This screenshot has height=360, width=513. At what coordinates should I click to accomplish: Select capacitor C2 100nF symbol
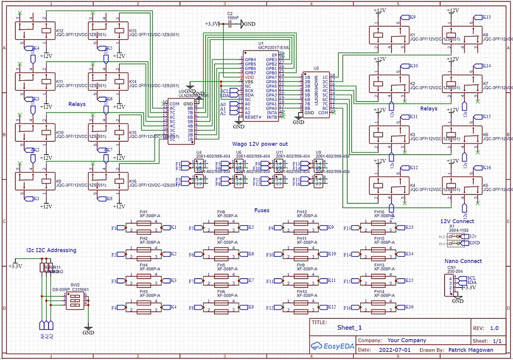(229, 24)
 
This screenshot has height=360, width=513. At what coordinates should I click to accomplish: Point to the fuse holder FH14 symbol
(379, 307)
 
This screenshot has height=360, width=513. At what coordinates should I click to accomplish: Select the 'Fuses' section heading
(262, 210)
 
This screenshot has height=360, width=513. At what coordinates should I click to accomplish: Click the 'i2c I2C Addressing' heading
(52, 250)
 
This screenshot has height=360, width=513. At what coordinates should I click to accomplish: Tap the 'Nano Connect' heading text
(463, 261)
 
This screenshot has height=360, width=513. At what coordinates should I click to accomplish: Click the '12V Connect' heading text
(457, 221)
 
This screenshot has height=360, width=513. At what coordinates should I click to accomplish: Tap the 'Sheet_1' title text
(349, 327)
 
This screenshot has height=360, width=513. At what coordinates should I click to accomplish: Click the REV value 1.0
(494, 328)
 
